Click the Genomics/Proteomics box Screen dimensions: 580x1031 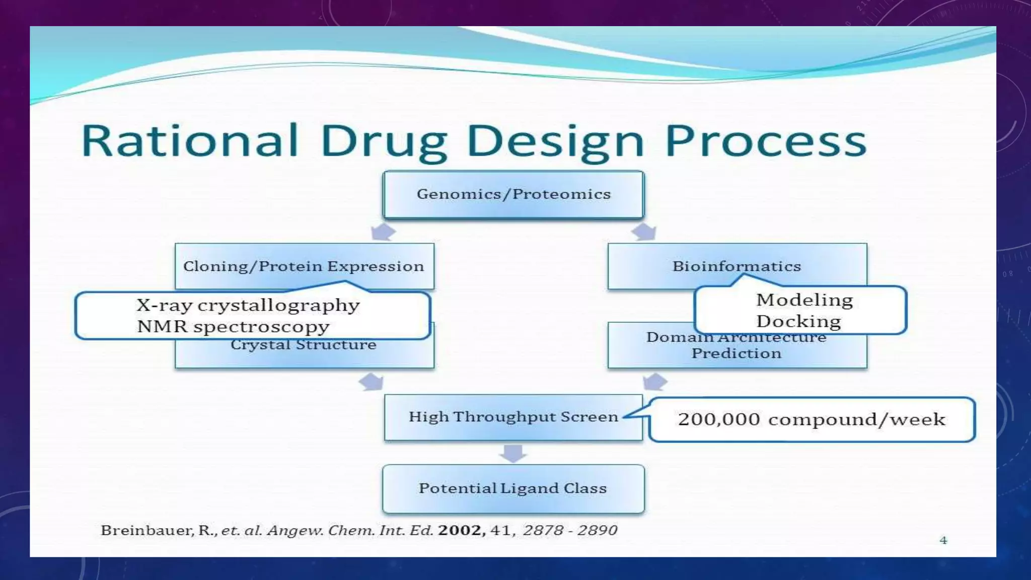pyautogui.click(x=513, y=194)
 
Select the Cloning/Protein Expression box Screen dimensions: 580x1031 pyautogui.click(x=304, y=266)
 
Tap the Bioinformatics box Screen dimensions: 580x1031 pyautogui.click(x=737, y=266)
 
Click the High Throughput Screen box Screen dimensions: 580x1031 pyautogui.click(x=513, y=417)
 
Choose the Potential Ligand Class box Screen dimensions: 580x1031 pyautogui.click(x=513, y=488)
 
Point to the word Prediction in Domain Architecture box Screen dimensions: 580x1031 pyautogui.click(x=737, y=353)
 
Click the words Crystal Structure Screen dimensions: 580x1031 pyautogui.click(x=304, y=345)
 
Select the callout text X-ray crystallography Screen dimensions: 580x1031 pyautogui.click(x=248, y=305)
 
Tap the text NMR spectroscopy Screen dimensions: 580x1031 pyautogui.click(x=233, y=327)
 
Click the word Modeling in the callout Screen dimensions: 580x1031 pyautogui.click(x=804, y=300)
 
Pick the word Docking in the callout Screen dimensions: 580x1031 pyautogui.click(x=798, y=322)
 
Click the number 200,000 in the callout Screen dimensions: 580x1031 pyautogui.click(x=718, y=419)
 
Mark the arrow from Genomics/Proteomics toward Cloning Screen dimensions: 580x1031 pyautogui.click(x=383, y=232)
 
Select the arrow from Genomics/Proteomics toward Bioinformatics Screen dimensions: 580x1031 pyautogui.click(x=644, y=232)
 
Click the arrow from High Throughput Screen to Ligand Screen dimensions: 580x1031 pyautogui.click(x=513, y=453)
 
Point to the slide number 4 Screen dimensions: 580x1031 pyautogui.click(x=943, y=540)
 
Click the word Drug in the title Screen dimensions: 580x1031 pyautogui.click(x=383, y=141)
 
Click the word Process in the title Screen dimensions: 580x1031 pyautogui.click(x=766, y=141)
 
